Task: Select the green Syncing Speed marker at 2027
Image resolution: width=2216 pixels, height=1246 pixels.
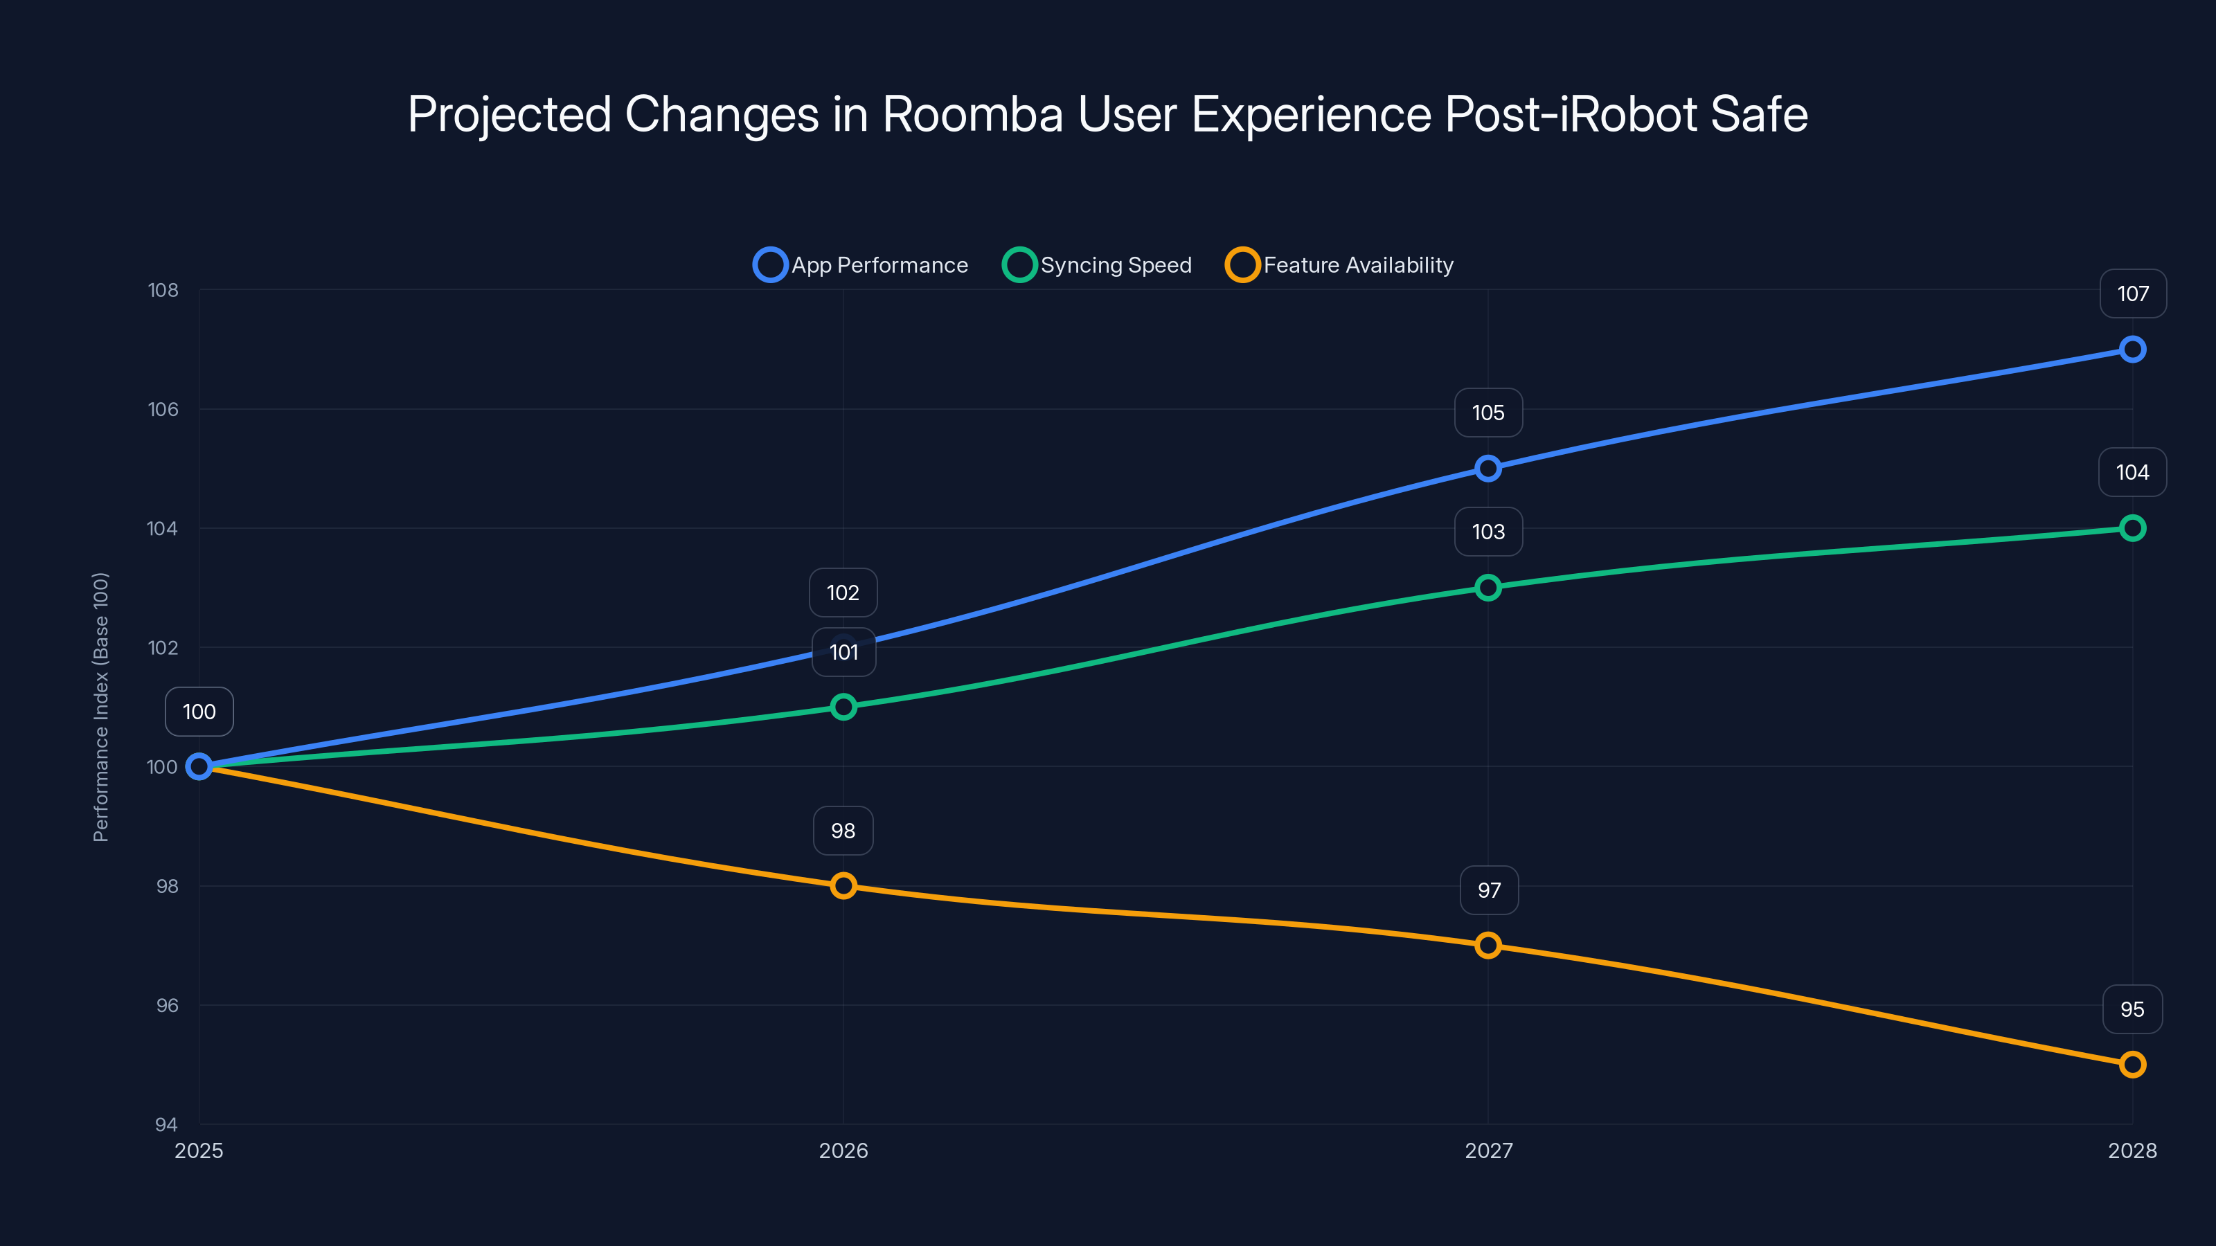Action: point(1487,587)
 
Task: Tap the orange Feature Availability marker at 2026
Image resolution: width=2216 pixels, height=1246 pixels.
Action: point(843,886)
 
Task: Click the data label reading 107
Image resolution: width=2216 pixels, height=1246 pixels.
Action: point(2133,294)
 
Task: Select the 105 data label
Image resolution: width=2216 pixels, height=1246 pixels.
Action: point(1487,413)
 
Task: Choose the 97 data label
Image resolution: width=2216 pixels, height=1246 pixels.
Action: point(1488,890)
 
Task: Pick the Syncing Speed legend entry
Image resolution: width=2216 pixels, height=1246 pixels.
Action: point(1098,265)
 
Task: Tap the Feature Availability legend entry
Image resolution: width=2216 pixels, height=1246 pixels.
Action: point(1339,265)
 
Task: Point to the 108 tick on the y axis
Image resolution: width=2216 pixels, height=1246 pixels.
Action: point(163,291)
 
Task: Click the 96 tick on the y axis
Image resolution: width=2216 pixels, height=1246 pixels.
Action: point(167,1005)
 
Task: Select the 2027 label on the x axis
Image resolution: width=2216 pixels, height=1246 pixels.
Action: point(1488,1150)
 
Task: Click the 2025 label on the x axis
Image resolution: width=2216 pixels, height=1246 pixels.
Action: point(199,1150)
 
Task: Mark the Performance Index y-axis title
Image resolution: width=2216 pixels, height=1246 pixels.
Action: point(100,707)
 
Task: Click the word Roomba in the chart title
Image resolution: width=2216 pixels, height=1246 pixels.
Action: point(972,114)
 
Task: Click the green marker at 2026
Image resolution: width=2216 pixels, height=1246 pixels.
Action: point(843,707)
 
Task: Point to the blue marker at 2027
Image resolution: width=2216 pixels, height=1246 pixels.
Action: point(1487,469)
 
